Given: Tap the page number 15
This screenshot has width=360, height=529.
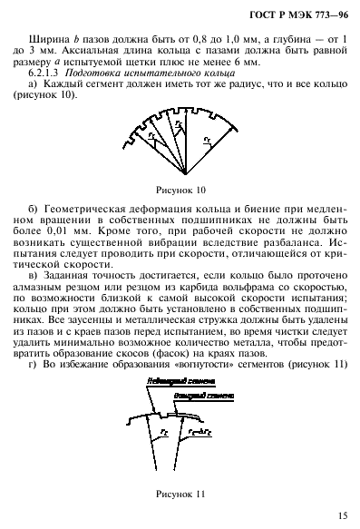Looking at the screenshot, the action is click(340, 515).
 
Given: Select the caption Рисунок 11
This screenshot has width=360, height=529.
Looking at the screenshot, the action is click(181, 494).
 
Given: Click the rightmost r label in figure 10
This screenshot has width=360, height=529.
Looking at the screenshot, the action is click(209, 139).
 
